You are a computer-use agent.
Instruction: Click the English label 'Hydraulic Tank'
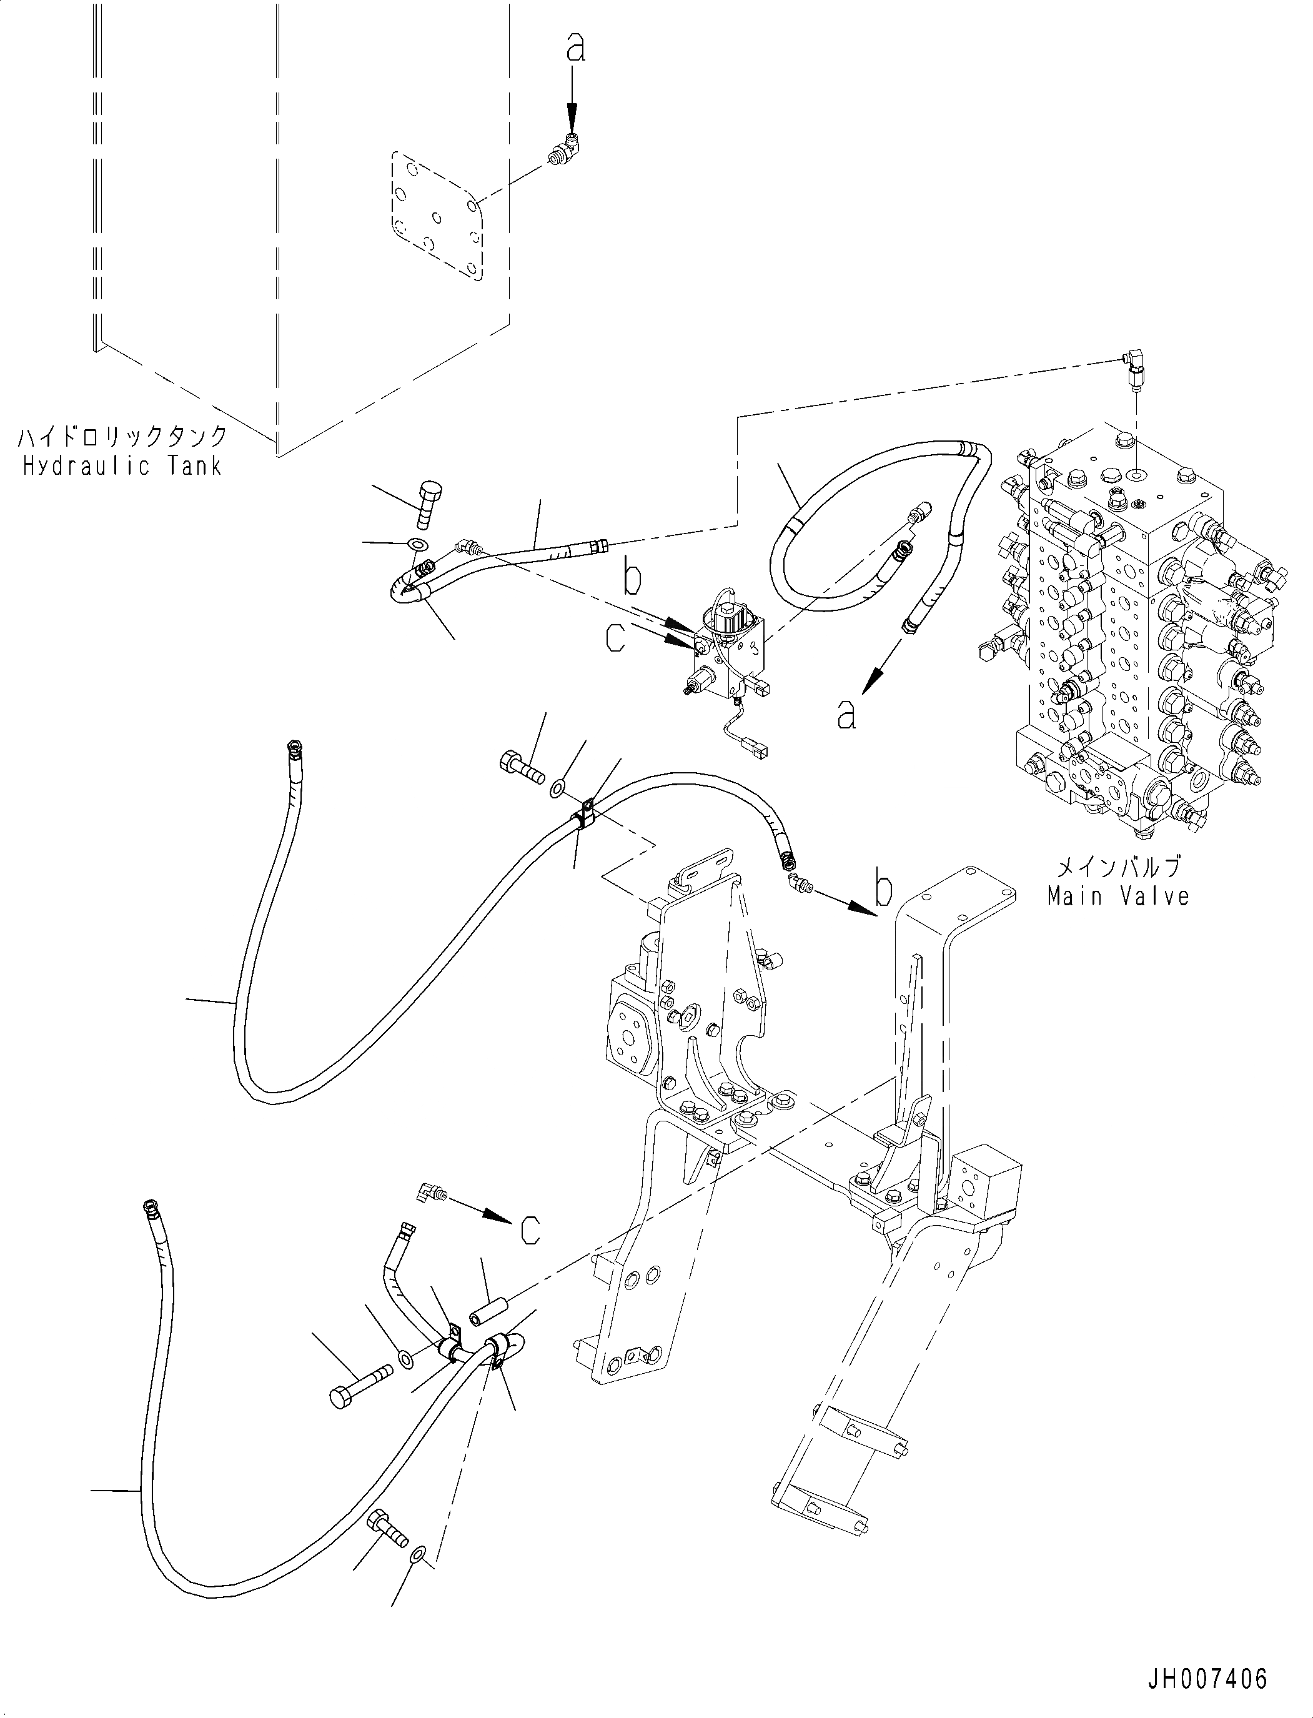pyautogui.click(x=122, y=467)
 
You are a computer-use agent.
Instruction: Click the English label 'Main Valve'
pyautogui.click(x=1118, y=896)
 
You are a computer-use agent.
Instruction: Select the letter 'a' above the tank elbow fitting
pyautogui.click(x=575, y=49)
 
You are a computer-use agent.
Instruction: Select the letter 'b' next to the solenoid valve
pyautogui.click(x=632, y=579)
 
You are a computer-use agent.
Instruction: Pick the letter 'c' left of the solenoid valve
pyautogui.click(x=616, y=638)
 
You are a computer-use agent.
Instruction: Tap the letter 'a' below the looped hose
pyautogui.click(x=846, y=713)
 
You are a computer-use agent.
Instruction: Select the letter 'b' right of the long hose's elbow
pyautogui.click(x=883, y=890)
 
